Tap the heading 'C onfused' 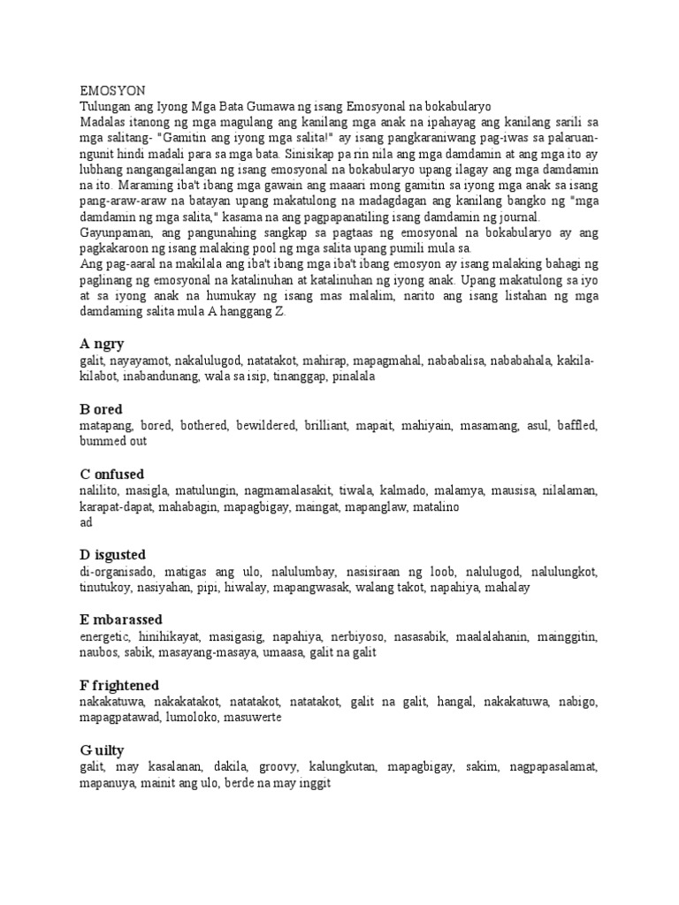point(111,474)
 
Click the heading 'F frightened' point(119,684)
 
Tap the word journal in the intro point(521,218)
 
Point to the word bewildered point(265,426)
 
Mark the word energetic point(104,637)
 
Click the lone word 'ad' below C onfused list point(87,522)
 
